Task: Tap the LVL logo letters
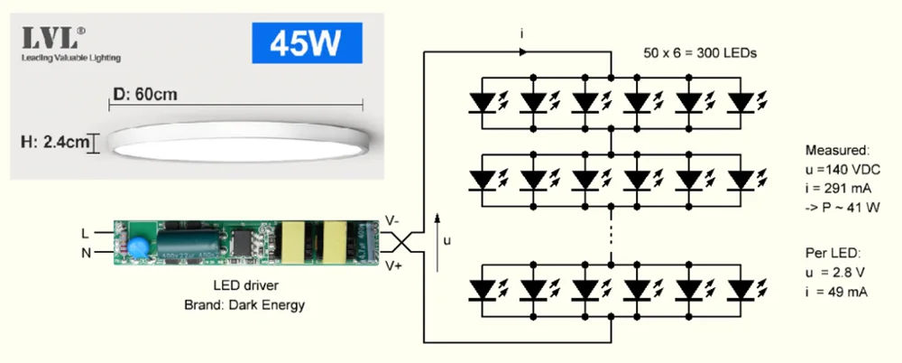[x=52, y=39]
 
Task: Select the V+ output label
[x=394, y=265]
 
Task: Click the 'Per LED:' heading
[x=830, y=252]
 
